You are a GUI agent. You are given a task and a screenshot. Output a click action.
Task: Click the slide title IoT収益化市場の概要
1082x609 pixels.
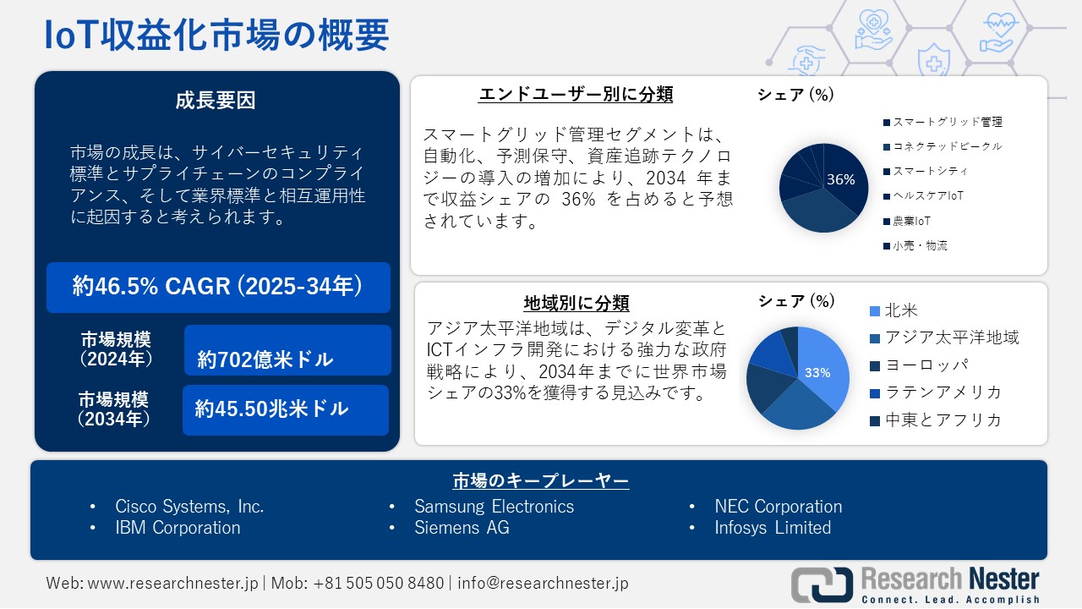tap(216, 36)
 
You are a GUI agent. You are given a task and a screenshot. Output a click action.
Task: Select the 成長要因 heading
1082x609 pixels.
tap(216, 101)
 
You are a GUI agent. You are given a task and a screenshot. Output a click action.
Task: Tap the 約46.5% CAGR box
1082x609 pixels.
tap(218, 287)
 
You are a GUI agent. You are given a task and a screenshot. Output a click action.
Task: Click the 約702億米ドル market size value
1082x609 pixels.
tap(265, 359)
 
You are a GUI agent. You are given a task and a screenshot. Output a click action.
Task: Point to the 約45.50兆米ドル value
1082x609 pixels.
tap(271, 409)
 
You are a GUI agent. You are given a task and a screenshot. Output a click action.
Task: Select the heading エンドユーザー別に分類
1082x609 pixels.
tap(576, 94)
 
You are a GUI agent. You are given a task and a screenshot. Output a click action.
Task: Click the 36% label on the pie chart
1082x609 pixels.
tap(840, 179)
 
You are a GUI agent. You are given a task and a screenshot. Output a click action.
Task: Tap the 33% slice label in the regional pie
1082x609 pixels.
tap(817, 372)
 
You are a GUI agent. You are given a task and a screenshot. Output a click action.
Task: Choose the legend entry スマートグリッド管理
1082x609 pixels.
tap(947, 122)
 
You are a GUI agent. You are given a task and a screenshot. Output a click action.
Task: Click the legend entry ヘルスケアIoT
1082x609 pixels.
tap(927, 195)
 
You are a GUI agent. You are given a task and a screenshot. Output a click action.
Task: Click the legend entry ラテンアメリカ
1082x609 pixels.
tap(942, 392)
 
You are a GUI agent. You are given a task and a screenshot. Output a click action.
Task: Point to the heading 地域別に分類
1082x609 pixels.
tap(577, 303)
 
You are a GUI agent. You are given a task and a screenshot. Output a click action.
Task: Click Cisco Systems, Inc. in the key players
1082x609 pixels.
tap(189, 507)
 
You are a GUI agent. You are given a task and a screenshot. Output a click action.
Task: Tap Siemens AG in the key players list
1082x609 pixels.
tap(462, 528)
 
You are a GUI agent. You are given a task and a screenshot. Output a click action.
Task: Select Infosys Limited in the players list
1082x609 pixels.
tap(773, 528)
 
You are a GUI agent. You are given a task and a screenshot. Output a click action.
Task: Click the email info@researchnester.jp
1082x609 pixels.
tap(543, 583)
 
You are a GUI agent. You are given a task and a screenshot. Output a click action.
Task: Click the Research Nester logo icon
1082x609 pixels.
tap(822, 584)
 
